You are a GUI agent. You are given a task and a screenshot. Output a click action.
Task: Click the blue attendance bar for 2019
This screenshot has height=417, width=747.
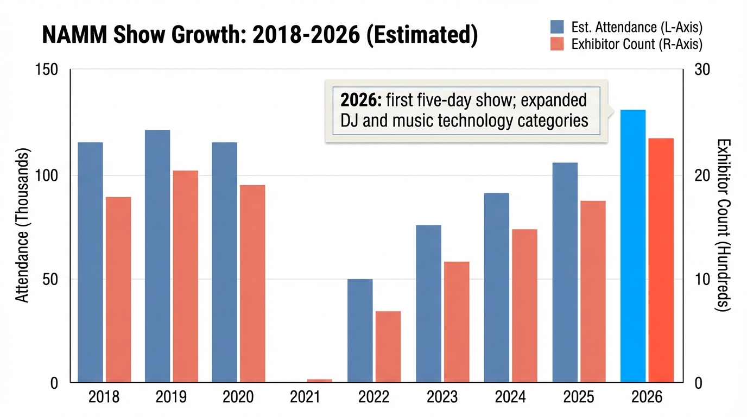tap(157, 255)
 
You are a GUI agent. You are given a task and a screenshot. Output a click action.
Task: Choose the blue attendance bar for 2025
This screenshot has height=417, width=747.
tap(565, 271)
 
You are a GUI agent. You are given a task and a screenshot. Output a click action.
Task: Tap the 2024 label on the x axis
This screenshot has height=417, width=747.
tap(510, 397)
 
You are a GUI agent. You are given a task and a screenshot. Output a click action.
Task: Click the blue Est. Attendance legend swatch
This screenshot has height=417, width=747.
tap(557, 27)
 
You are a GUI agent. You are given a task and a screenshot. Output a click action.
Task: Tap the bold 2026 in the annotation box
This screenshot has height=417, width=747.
tap(358, 101)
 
